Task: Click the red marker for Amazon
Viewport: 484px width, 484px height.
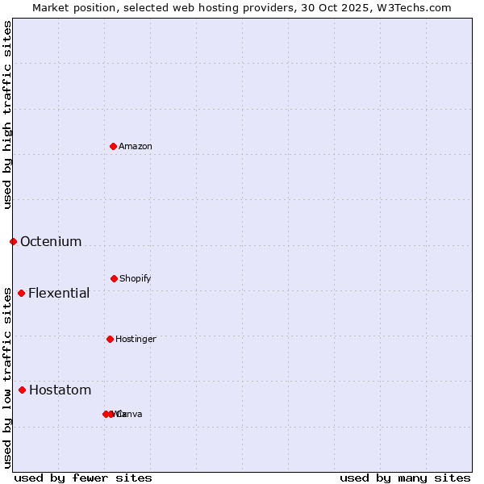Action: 113,146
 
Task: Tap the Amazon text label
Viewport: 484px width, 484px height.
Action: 136,146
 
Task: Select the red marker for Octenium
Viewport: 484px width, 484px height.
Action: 13,241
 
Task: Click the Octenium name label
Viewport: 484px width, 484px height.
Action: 51,241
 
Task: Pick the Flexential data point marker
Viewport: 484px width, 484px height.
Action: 21,293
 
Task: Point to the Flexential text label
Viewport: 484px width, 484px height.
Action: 59,293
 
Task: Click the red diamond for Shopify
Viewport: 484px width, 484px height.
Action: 114,278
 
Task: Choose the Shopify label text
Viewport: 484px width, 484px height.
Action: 136,278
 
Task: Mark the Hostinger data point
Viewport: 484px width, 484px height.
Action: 110,339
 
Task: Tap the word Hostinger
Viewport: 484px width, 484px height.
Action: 136,339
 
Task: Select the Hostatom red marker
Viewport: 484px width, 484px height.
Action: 22,390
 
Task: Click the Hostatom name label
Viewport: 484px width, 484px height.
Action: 60,390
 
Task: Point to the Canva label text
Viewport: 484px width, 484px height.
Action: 131,414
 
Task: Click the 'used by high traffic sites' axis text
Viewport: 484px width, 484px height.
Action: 7,115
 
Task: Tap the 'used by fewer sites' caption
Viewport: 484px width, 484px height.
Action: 83,478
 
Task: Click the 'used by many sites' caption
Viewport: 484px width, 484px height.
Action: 405,478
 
